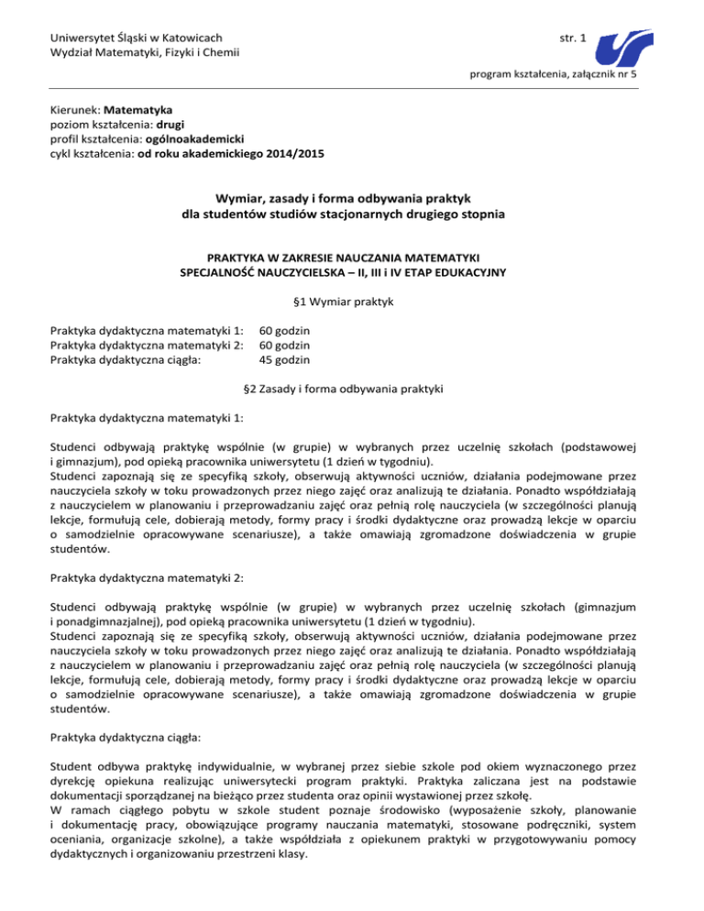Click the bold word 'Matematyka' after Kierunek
click(140, 107)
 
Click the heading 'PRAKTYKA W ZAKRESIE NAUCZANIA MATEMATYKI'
click(352, 258)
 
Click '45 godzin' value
click(284, 360)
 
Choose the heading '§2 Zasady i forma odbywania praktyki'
click(352, 390)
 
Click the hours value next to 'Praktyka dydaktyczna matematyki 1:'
click(284, 329)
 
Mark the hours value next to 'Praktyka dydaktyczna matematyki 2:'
click(284, 345)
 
